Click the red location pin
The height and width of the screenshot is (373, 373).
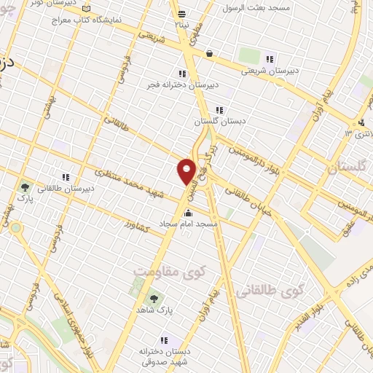tap(186, 170)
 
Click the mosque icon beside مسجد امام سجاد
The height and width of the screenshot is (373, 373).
tap(189, 213)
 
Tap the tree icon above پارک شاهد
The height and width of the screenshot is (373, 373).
tap(154, 298)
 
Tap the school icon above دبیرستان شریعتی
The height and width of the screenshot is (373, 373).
tap(270, 59)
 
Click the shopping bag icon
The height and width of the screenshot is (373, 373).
tap(210, 53)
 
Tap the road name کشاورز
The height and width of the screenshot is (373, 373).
tap(136, 223)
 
